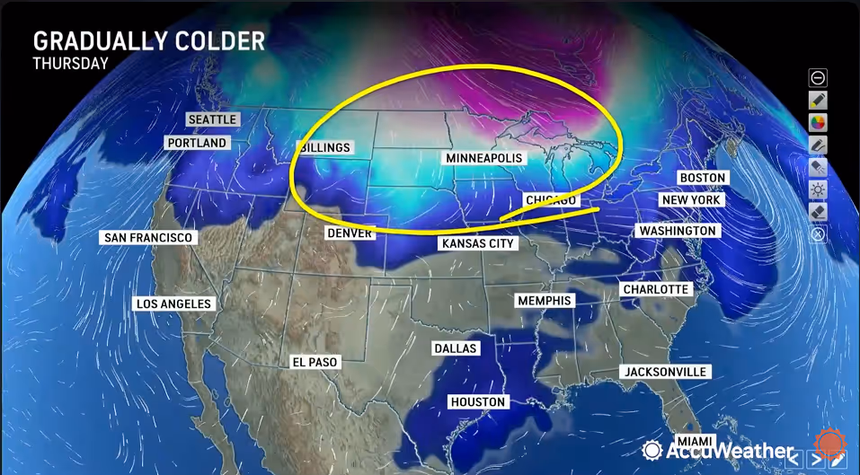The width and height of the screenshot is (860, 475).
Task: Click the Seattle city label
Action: pyautogui.click(x=213, y=119)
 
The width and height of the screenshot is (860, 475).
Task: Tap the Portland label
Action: pyautogui.click(x=197, y=143)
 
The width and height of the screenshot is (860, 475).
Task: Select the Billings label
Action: pyautogui.click(x=324, y=147)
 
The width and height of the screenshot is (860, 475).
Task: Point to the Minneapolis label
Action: pyautogui.click(x=483, y=158)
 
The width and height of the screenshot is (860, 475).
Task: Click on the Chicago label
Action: pyautogui.click(x=549, y=199)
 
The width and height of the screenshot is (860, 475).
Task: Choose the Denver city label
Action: pyautogui.click(x=350, y=233)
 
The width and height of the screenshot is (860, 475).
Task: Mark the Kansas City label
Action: pyautogui.click(x=477, y=243)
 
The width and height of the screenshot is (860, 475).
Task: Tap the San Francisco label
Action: pyautogui.click(x=148, y=237)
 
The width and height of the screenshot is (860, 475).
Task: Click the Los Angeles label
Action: pyautogui.click(x=174, y=303)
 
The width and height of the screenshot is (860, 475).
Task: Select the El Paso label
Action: pyautogui.click(x=315, y=362)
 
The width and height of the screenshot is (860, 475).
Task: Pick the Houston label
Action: pyautogui.click(x=479, y=402)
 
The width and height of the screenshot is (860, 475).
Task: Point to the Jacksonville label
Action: pyautogui.click(x=665, y=372)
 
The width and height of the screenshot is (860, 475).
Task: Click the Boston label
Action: pyautogui.click(x=702, y=178)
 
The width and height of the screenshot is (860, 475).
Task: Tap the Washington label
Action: pyautogui.click(x=677, y=231)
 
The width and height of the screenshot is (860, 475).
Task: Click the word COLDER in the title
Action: pyautogui.click(x=221, y=41)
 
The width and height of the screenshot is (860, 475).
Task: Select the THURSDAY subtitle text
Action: pyautogui.click(x=71, y=64)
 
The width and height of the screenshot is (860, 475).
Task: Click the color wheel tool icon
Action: pyautogui.click(x=818, y=122)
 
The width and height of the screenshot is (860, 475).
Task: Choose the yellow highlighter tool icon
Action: pyautogui.click(x=818, y=100)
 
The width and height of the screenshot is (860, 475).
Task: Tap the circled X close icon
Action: pyautogui.click(x=818, y=234)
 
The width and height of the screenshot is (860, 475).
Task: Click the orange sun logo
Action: pyautogui.click(x=828, y=444)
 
